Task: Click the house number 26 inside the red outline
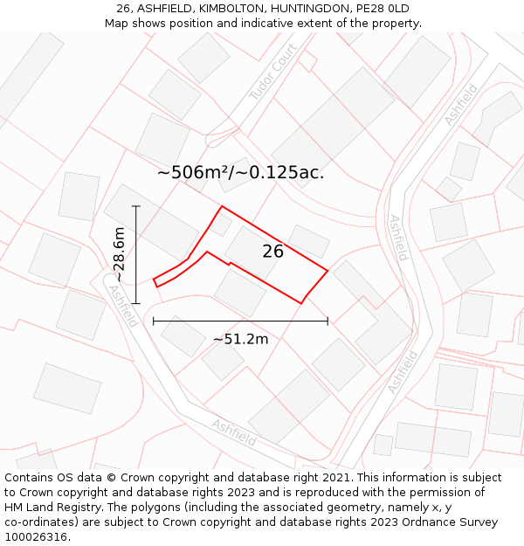point(273,252)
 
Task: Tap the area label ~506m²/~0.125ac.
point(240,172)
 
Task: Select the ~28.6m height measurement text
point(120,254)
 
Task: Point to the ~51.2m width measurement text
point(240,339)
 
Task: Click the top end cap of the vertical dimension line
point(136,206)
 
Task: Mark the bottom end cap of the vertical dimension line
point(136,303)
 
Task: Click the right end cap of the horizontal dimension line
point(327,321)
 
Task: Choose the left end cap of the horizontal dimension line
point(154,321)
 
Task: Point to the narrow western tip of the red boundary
point(155,282)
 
